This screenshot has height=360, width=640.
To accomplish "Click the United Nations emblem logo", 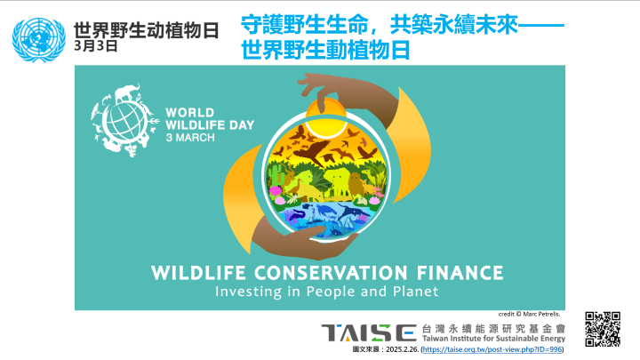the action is click(39, 40).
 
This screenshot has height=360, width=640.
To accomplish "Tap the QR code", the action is click(603, 329).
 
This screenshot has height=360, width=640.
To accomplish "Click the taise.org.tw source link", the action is click(492, 349).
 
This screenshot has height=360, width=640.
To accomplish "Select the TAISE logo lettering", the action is click(369, 333).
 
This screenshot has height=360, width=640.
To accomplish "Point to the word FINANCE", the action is click(460, 273).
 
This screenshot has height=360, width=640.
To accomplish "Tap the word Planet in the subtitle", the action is click(415, 292).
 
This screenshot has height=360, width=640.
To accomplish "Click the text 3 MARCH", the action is click(190, 138).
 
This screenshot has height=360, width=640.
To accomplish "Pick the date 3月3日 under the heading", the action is click(95, 45).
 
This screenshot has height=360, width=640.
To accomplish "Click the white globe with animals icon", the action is click(124, 121).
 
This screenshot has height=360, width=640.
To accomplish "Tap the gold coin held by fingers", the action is click(326, 118).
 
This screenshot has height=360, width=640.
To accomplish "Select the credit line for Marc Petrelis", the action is click(529, 314).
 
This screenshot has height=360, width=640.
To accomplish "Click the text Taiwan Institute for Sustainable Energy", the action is click(493, 339).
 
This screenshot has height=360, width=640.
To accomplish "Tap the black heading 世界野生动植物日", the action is click(146, 30).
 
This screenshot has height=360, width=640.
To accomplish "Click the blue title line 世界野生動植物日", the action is click(325, 50).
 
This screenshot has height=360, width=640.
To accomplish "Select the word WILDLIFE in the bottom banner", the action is click(198, 273).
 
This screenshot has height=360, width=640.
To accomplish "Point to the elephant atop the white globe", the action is click(127, 93).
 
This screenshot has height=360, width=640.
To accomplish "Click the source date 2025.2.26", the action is click(402, 349).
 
